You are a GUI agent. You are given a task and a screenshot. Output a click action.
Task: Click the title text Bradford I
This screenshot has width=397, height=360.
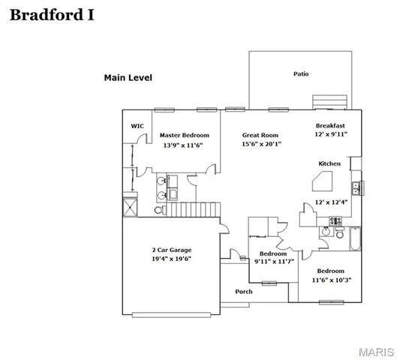(x=51, y=16)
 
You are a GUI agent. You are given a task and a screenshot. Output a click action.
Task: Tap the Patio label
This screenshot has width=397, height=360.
(x=301, y=74)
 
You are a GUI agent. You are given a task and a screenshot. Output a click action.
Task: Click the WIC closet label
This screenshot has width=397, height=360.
(x=137, y=126)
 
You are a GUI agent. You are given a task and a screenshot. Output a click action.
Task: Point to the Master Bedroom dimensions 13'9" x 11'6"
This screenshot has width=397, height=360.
(x=185, y=145)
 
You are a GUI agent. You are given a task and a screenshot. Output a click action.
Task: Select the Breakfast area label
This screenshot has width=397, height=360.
(x=331, y=125)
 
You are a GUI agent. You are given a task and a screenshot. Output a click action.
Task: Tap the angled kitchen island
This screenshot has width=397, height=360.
(x=325, y=181)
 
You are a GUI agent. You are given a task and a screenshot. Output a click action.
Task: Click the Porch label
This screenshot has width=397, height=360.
(x=244, y=292)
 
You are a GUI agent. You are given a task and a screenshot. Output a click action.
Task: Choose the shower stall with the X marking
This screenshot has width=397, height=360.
(x=129, y=203)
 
